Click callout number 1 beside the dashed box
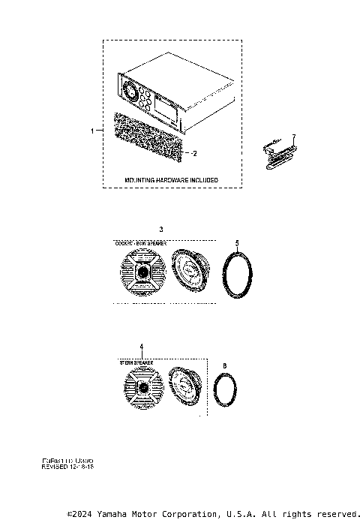tap(91, 131)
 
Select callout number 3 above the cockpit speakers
tap(160, 227)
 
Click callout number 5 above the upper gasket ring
tap(237, 242)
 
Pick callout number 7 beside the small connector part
tap(293, 137)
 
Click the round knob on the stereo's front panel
tap(131, 95)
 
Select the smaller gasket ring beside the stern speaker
tap(224, 391)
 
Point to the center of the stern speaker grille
tap(140, 388)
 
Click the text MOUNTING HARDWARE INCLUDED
tap(171, 180)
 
